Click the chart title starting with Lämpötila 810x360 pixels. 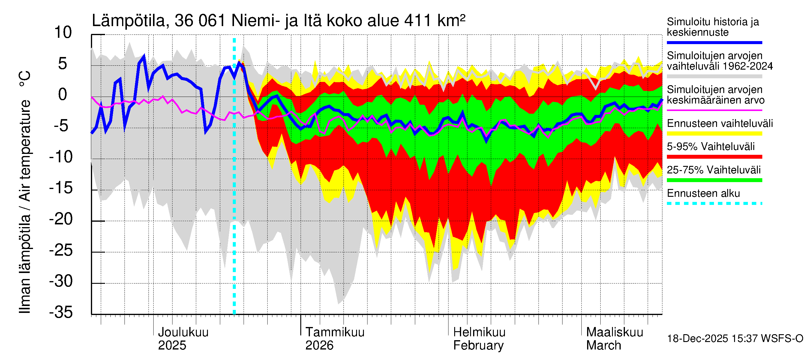click(x=278, y=21)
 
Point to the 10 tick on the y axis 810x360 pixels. click(x=63, y=32)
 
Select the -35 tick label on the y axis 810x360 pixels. click(x=61, y=312)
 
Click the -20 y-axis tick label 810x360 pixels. click(x=61, y=219)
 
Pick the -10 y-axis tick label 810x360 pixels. click(x=61, y=157)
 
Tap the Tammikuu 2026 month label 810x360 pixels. click(x=334, y=339)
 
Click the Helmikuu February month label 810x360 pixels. click(x=479, y=339)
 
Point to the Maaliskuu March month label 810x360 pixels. click(x=614, y=339)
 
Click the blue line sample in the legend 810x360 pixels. click(x=714, y=42)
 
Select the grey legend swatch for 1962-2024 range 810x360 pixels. click(x=714, y=76)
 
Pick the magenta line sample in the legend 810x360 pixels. click(x=714, y=110)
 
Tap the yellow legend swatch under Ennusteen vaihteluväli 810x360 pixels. click(x=714, y=133)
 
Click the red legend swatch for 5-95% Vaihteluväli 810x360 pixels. click(x=714, y=157)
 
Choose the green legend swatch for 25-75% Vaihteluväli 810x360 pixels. click(x=714, y=180)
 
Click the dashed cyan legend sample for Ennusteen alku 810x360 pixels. click(x=714, y=203)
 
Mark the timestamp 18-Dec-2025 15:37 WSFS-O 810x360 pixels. click(x=735, y=339)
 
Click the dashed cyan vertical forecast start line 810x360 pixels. click(x=234, y=189)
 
